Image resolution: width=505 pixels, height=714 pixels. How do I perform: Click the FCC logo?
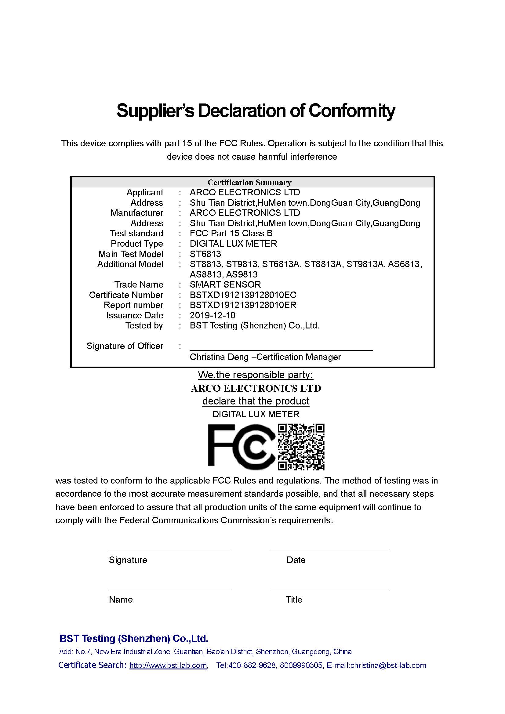tap(241, 447)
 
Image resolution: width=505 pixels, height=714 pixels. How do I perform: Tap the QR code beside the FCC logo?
tap(301, 447)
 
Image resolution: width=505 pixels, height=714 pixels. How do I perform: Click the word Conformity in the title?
tap(351, 111)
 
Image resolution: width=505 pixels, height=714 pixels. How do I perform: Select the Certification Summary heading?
tap(249, 183)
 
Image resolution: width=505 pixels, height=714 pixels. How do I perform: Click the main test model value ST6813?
tap(205, 254)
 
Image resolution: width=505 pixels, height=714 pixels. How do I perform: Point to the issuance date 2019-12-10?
tap(213, 315)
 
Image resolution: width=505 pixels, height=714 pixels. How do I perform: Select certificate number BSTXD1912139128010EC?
tap(243, 295)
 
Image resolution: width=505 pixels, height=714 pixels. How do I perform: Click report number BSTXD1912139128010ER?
tap(243, 305)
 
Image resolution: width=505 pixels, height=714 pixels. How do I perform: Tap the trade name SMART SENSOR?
tap(225, 285)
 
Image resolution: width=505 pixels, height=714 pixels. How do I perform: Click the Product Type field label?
tap(137, 244)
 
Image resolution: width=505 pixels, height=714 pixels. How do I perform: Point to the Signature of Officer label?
tap(125, 346)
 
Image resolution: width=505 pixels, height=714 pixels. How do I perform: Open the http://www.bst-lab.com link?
tap(168, 665)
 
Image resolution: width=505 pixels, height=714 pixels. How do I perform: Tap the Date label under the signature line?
tap(296, 560)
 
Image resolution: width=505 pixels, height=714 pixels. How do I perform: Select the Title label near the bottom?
tap(294, 600)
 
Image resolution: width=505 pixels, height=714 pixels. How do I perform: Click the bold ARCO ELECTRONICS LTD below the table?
tap(256, 388)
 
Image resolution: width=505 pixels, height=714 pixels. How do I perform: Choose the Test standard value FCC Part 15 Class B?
tap(231, 234)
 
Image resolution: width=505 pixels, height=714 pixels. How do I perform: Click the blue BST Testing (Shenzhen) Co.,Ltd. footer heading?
tap(134, 639)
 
